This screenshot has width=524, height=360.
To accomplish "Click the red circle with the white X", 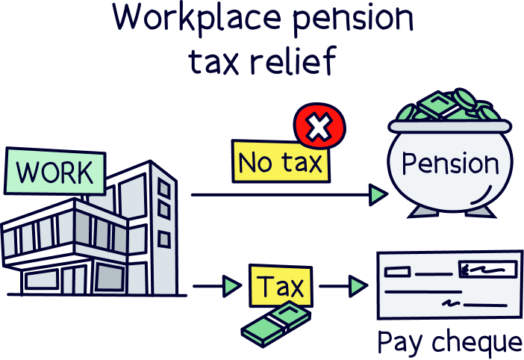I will [x=319, y=127].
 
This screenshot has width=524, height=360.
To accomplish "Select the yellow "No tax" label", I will [x=281, y=162].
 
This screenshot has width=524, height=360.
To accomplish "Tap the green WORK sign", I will [x=54, y=173].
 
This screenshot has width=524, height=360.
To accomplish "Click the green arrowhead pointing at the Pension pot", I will [x=378, y=195].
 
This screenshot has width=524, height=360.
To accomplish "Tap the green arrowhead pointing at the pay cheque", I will [x=358, y=285].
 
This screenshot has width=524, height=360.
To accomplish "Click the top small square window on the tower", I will [x=163, y=190].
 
